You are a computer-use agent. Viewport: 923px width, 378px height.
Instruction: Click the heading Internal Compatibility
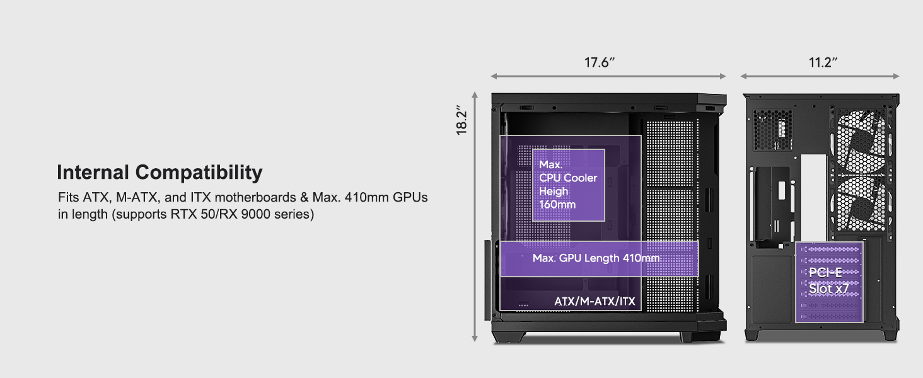pyautogui.click(x=160, y=173)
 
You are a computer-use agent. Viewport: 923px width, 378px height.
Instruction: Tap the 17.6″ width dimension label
pyautogui.click(x=599, y=63)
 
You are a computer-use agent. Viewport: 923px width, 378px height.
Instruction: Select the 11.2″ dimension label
pyautogui.click(x=823, y=63)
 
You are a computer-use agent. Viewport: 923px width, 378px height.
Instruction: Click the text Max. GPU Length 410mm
pyautogui.click(x=596, y=258)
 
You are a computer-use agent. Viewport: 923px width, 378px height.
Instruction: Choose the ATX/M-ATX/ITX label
pyautogui.click(x=595, y=302)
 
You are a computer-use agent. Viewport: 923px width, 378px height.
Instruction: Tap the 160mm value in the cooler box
pyautogui.click(x=557, y=205)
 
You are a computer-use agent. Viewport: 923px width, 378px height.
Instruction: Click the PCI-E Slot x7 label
pyautogui.click(x=829, y=281)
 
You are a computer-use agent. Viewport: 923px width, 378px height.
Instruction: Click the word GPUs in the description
pyautogui.click(x=410, y=198)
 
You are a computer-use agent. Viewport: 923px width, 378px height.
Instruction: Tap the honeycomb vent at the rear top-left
pyautogui.click(x=774, y=131)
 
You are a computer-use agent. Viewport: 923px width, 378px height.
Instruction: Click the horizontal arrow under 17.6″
pyautogui.click(x=608, y=76)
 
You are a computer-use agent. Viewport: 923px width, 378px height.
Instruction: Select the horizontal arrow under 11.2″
pyautogui.click(x=820, y=76)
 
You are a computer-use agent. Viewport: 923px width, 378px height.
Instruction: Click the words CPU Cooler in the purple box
pyautogui.click(x=568, y=178)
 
